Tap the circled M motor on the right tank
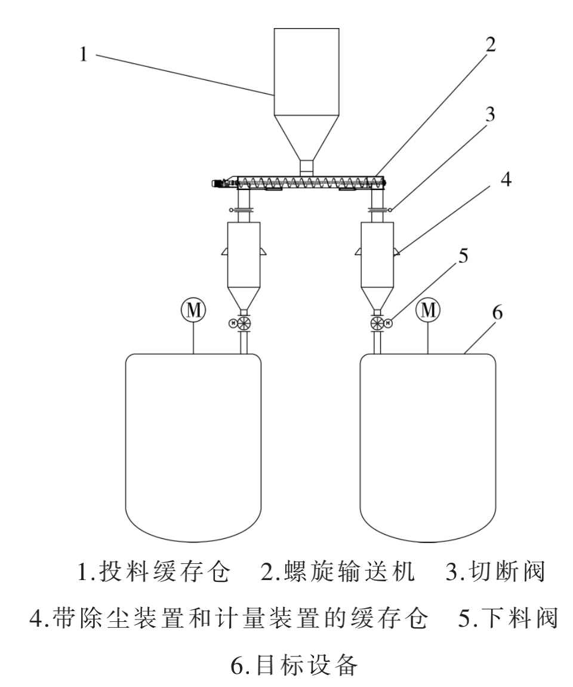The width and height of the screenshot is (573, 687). [429, 309]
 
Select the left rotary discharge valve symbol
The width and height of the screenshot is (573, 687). [243, 324]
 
